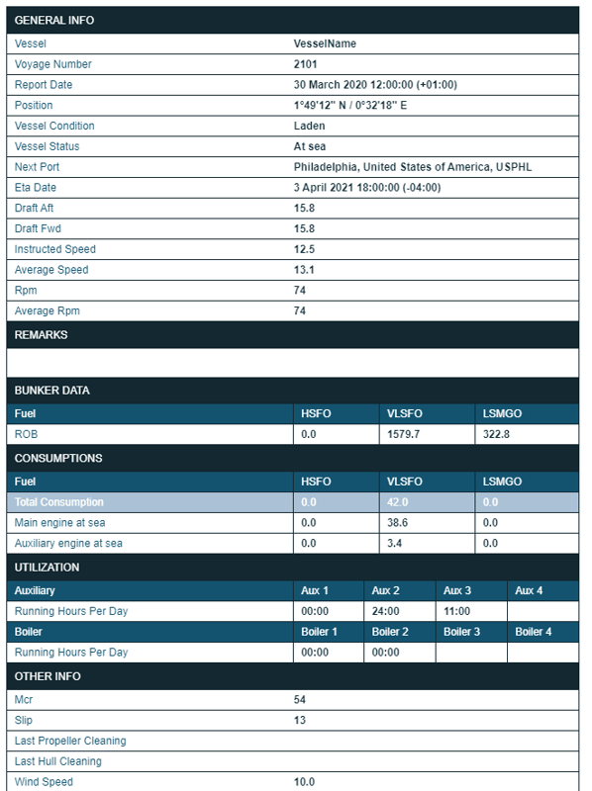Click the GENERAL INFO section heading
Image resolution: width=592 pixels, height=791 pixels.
coord(54,21)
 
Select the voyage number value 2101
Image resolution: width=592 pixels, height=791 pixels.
coord(306,64)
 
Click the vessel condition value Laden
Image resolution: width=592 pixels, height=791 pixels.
coord(310,127)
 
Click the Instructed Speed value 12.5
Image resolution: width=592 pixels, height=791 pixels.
coord(305,249)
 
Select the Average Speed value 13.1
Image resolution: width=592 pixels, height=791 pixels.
coord(305,270)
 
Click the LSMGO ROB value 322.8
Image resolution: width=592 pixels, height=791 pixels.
coord(497,434)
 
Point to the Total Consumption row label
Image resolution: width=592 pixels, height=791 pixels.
coord(58,502)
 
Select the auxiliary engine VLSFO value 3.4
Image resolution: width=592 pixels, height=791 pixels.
coord(393,543)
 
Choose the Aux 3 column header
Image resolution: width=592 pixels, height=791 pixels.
coord(457,590)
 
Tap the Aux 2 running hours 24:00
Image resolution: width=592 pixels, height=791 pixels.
coord(386,611)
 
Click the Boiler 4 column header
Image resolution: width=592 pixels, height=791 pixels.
coord(534,632)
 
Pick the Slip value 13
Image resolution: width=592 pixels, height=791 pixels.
coord(300,720)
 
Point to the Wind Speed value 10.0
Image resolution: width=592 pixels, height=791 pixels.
coord(305,782)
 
